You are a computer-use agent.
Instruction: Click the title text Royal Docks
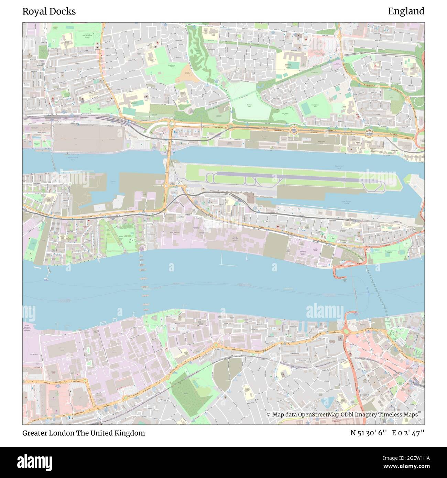coord(49,11)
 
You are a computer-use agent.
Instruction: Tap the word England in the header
coord(406,11)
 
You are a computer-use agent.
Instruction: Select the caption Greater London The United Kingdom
coord(84,433)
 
